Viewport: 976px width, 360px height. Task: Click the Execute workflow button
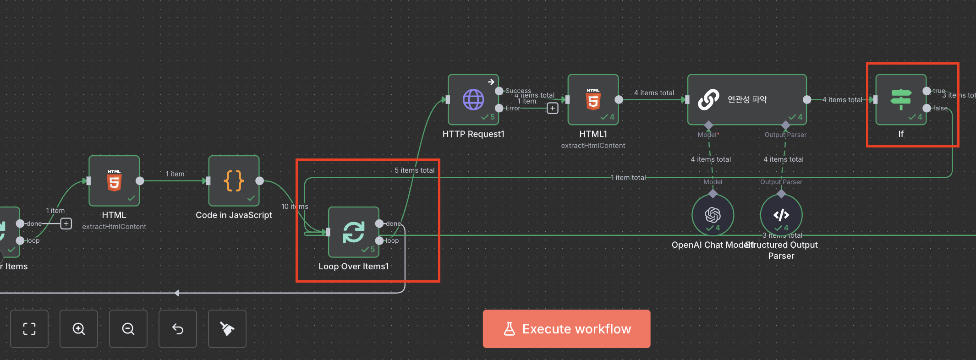(x=566, y=329)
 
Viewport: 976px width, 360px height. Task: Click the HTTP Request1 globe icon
(x=473, y=99)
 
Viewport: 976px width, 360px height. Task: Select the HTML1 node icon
(x=593, y=99)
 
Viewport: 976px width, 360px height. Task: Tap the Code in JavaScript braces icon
(x=234, y=181)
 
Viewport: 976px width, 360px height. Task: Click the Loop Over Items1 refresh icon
(x=354, y=232)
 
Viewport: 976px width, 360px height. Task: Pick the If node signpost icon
(x=901, y=99)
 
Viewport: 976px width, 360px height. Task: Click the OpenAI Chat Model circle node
(x=713, y=215)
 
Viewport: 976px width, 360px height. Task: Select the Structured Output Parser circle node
(x=781, y=215)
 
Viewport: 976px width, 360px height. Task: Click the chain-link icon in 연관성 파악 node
(x=708, y=99)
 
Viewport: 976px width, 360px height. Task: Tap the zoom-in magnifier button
(x=79, y=329)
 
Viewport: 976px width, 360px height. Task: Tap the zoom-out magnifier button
(x=128, y=329)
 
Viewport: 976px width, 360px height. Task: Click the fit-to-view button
(x=29, y=329)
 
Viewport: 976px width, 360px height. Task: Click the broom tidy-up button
(x=227, y=329)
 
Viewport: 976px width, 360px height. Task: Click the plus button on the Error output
(x=553, y=109)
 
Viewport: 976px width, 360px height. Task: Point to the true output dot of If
(x=927, y=91)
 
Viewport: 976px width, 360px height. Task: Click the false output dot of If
(x=927, y=108)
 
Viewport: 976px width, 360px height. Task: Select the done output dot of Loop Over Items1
(x=379, y=224)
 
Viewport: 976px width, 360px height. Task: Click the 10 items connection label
(x=295, y=207)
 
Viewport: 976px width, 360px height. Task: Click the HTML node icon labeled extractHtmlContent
(x=114, y=181)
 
